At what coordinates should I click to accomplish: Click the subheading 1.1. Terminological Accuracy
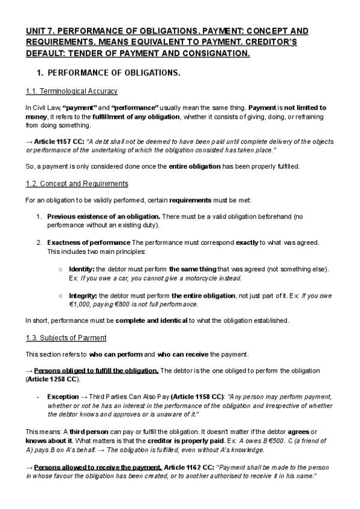pyautogui.click(x=71, y=91)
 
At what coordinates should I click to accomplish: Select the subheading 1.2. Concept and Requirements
pyautogui.click(x=77, y=183)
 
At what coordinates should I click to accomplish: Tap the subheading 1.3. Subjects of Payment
pyautogui.click(x=66, y=337)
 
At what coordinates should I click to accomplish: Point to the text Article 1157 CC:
pyautogui.click(x=59, y=141)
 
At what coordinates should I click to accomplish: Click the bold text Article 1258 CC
pyautogui.click(x=52, y=380)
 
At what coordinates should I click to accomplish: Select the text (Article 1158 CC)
pyautogui.click(x=197, y=397)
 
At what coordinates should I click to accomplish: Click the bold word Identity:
pyautogui.click(x=82, y=270)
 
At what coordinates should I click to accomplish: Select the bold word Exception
pyautogui.click(x=62, y=397)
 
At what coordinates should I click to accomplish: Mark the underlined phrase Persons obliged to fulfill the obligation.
pyautogui.click(x=96, y=371)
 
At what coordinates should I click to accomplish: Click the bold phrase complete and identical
pyautogui.click(x=151, y=321)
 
